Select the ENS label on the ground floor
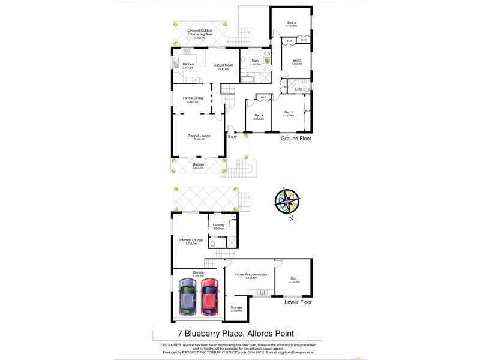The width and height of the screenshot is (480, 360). click(298, 89)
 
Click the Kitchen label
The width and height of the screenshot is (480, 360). click(188, 65)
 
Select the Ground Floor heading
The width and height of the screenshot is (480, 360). click(296, 138)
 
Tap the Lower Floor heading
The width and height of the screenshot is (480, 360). click(298, 302)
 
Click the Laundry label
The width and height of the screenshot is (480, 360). click(218, 225)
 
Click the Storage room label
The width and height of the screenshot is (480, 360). click(236, 307)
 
